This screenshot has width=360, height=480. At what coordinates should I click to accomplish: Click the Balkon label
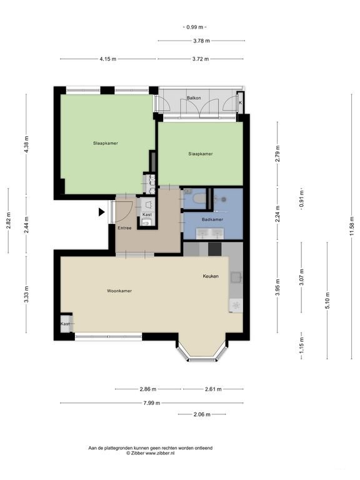coord(194,98)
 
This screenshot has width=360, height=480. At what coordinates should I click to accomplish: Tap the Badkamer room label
coord(212,219)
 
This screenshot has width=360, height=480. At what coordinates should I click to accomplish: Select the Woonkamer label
coord(119,291)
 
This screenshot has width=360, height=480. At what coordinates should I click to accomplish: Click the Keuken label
coord(210,276)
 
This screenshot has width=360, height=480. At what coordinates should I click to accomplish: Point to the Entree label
coord(124,228)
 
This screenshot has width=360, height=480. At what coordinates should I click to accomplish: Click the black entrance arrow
coord(101,212)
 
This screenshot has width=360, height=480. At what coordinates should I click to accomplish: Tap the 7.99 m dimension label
coord(151,403)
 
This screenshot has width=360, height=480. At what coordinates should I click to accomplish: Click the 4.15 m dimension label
coord(108,59)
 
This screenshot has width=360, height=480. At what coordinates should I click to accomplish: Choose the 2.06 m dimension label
coord(201,414)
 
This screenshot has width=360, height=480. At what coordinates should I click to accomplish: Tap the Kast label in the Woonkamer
coord(65,324)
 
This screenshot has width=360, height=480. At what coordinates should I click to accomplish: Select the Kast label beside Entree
coord(147,214)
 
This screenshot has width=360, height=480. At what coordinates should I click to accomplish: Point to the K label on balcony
coord(239,103)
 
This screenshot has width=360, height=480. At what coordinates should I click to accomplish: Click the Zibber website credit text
coord(151,452)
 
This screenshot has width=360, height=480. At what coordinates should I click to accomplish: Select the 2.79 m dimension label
coord(277,152)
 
